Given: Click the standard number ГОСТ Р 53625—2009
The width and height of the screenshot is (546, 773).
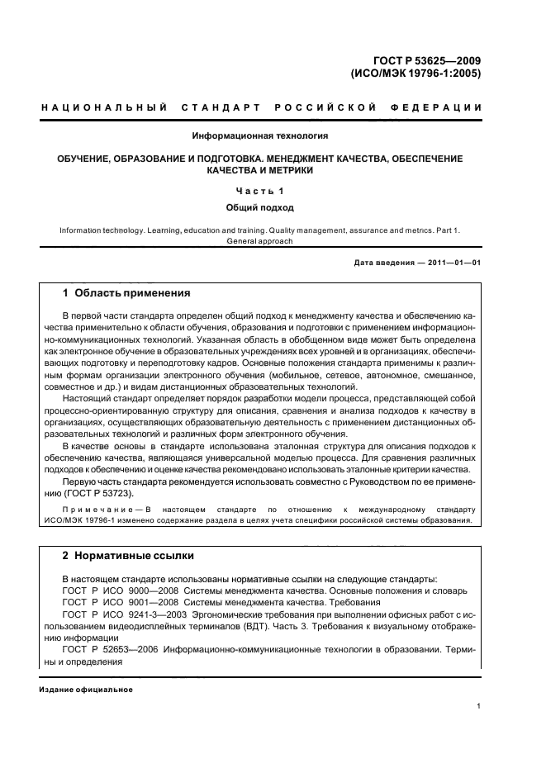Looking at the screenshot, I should [x=425, y=59].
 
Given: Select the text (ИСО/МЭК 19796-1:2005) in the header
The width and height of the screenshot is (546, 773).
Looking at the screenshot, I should [x=416, y=73].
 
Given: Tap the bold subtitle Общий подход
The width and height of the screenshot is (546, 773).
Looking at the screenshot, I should [x=260, y=208].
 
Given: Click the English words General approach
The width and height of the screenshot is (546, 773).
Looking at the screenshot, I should [x=260, y=241].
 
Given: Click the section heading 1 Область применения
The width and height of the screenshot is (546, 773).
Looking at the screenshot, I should [x=127, y=293].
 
